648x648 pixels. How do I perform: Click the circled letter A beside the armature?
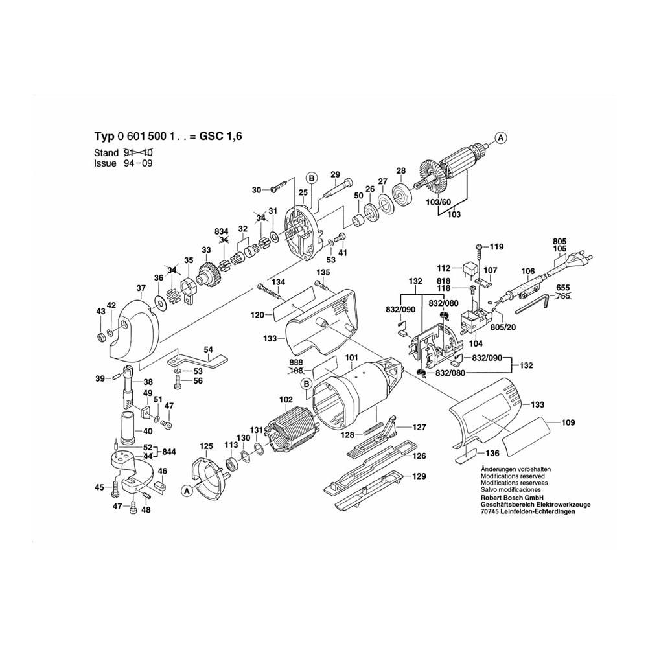click(x=501, y=137)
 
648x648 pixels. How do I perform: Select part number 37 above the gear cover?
click(x=141, y=288)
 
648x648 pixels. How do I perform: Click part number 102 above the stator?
click(x=286, y=400)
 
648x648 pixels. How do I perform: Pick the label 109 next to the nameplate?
click(x=568, y=422)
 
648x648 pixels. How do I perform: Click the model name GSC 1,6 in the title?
click(x=221, y=136)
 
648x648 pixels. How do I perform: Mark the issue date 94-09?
click(x=138, y=163)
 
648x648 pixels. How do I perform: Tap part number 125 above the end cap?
click(x=206, y=446)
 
